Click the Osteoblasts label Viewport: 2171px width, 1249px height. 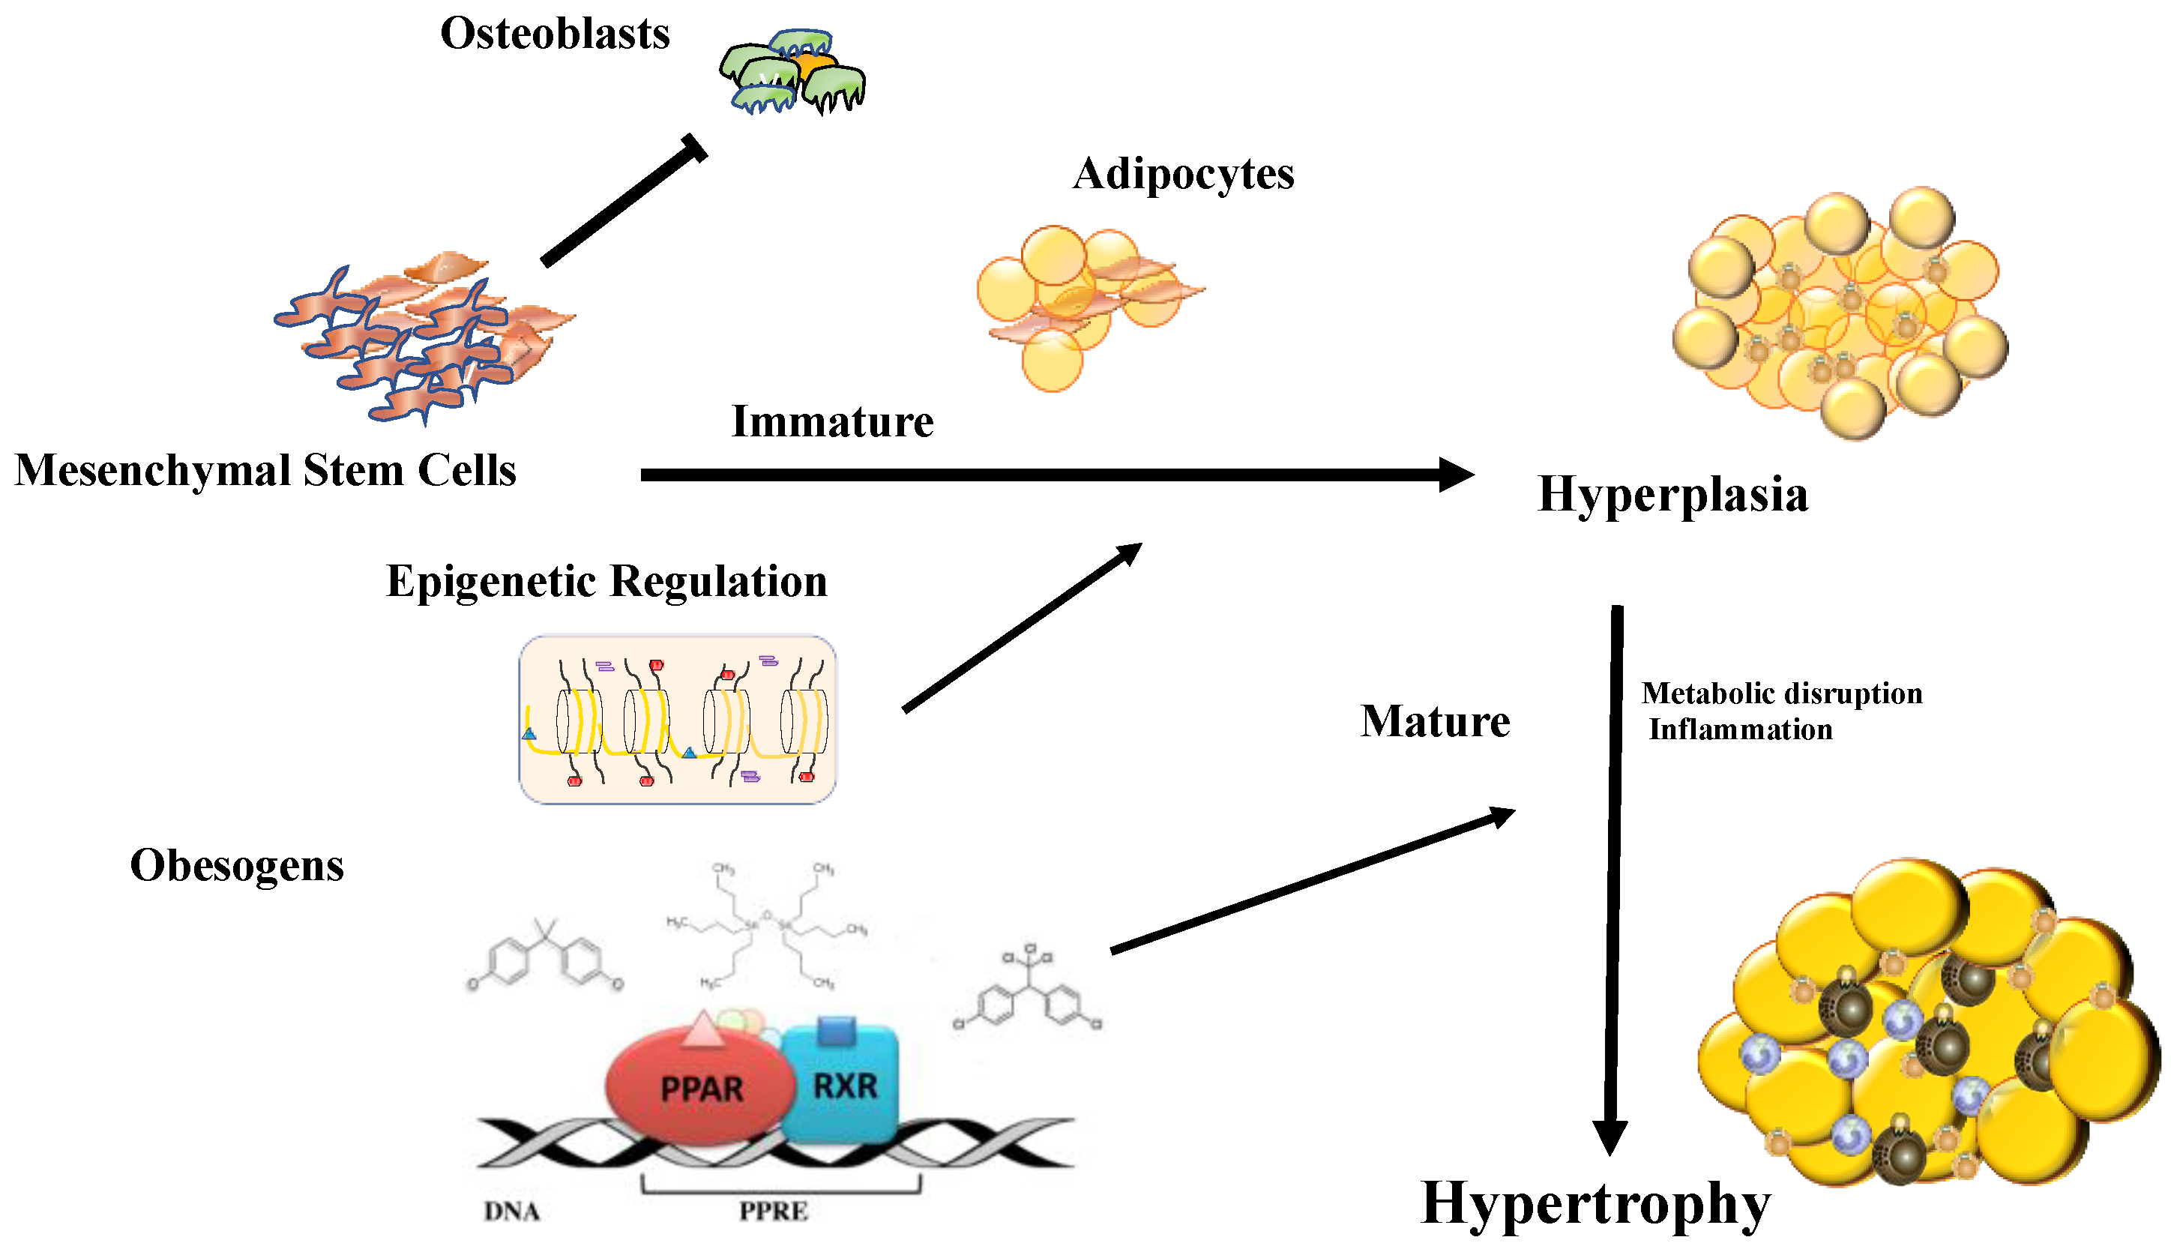[x=554, y=34]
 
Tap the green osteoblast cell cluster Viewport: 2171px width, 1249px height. [x=791, y=73]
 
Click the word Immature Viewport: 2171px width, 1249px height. [x=831, y=422]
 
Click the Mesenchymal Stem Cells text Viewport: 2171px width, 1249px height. [x=265, y=471]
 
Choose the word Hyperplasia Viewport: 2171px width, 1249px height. [x=1672, y=495]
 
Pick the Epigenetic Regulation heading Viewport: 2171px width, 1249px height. [x=606, y=582]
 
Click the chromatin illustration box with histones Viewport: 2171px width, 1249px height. [x=677, y=719]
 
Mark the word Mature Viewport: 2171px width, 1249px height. [x=1434, y=721]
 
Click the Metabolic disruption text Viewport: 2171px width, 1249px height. [x=1780, y=693]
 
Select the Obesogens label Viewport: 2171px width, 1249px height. [x=237, y=866]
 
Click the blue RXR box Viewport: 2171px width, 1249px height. [x=844, y=1085]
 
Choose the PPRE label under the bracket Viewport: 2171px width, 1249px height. [x=773, y=1212]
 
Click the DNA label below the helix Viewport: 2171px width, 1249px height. [x=511, y=1212]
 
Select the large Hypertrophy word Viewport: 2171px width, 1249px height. [x=1595, y=1203]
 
